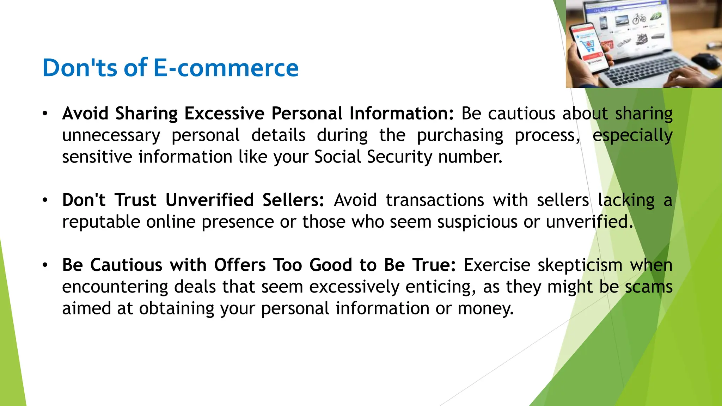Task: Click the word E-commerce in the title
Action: pyautogui.click(x=226, y=68)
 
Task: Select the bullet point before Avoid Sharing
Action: pyautogui.click(x=45, y=114)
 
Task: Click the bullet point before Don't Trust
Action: pyautogui.click(x=45, y=200)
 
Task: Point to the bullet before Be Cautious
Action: pyautogui.click(x=45, y=265)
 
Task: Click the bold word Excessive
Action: pyautogui.click(x=224, y=113)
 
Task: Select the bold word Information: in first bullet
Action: pyautogui.click(x=401, y=113)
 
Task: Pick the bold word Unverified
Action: pyautogui.click(x=209, y=200)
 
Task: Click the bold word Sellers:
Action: pyautogui.click(x=293, y=200)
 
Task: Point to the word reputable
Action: pyautogui.click(x=101, y=222)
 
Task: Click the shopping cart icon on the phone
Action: pyautogui.click(x=588, y=45)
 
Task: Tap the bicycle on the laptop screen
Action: pyautogui.click(x=639, y=18)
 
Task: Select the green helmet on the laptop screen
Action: pyautogui.click(x=656, y=16)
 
